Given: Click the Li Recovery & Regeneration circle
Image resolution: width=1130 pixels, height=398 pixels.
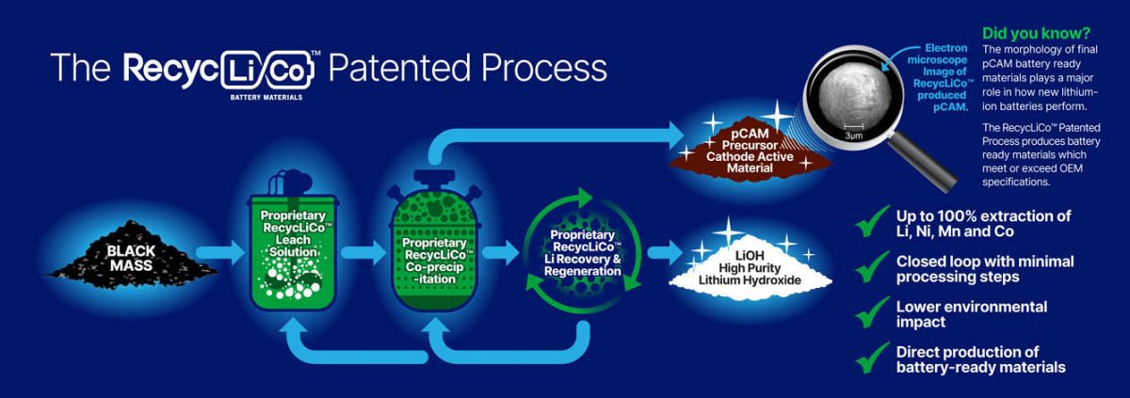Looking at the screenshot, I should coord(583,251).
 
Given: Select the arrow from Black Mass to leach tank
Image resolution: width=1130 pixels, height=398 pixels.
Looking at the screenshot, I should coord(222,252).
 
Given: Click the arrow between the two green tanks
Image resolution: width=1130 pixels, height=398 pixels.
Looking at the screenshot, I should coord(363,252).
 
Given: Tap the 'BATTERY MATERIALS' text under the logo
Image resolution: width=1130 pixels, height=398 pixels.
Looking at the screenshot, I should coord(267,96).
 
